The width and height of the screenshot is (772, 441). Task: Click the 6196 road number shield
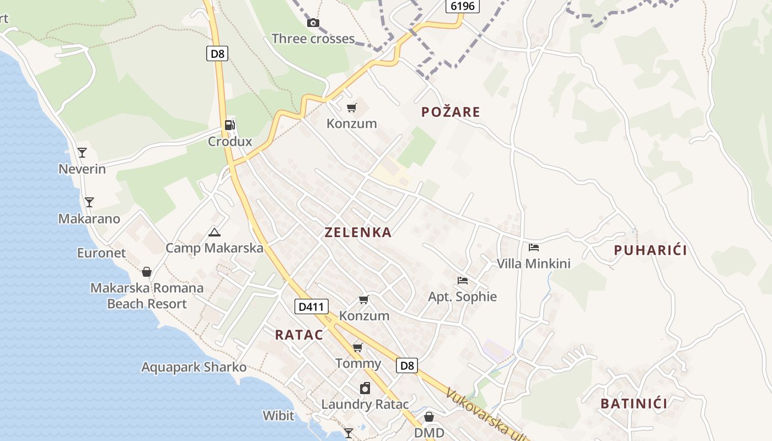(462, 6)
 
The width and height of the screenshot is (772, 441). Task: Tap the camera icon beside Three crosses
(313, 23)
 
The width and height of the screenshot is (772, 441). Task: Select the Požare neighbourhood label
(451, 112)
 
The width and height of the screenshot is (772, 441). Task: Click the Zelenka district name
(358, 232)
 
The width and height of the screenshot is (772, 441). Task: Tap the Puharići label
(650, 250)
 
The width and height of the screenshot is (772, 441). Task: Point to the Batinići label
(634, 404)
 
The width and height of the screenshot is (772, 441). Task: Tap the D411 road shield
(312, 306)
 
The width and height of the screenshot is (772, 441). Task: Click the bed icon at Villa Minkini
(533, 248)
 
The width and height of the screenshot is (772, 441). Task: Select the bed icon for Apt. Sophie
(463, 281)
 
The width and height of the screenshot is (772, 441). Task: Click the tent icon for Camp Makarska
(215, 232)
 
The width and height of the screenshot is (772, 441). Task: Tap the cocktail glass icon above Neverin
(82, 152)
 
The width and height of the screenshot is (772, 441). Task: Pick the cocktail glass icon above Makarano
(89, 202)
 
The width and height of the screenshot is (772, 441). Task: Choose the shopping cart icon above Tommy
(358, 347)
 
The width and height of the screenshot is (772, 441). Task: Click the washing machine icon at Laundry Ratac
(365, 389)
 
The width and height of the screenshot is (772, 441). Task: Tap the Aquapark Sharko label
(194, 367)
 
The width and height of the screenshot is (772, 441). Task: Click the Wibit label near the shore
(278, 415)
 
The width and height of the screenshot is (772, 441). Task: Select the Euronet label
(101, 253)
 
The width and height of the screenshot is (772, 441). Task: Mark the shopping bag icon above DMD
(429, 417)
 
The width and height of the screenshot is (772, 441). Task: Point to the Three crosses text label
(313, 39)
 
